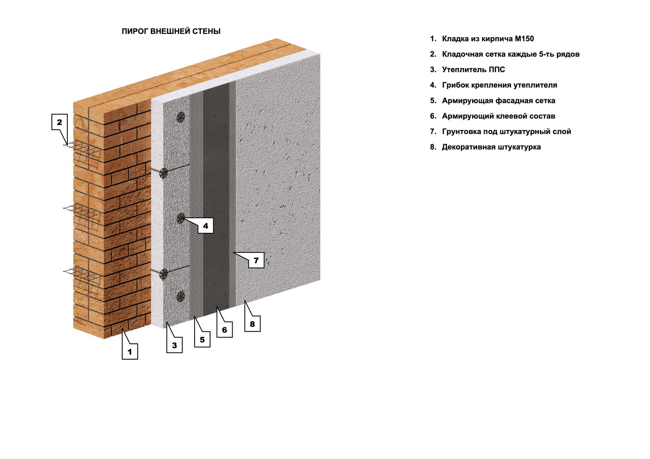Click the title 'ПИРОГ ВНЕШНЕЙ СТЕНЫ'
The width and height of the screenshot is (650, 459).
coord(171,31)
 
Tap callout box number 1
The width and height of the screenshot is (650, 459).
coord(130,352)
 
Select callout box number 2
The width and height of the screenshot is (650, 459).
coord(60,122)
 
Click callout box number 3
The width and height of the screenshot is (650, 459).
coord(174,345)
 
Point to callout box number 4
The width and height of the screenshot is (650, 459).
coord(206,225)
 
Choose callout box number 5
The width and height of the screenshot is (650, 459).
coord(202,340)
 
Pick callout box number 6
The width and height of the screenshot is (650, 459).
coord(224,329)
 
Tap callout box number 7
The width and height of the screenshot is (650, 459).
coord(256,260)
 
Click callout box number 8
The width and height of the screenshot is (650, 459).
coord(252,324)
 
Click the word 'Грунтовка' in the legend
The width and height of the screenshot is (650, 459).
coord(460,131)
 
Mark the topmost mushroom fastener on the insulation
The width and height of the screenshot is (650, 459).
coord(181,117)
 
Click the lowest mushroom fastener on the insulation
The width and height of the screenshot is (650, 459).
coord(181,296)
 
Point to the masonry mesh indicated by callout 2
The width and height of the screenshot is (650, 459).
coord(83,151)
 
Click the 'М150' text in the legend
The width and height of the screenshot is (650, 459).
coord(524,39)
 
